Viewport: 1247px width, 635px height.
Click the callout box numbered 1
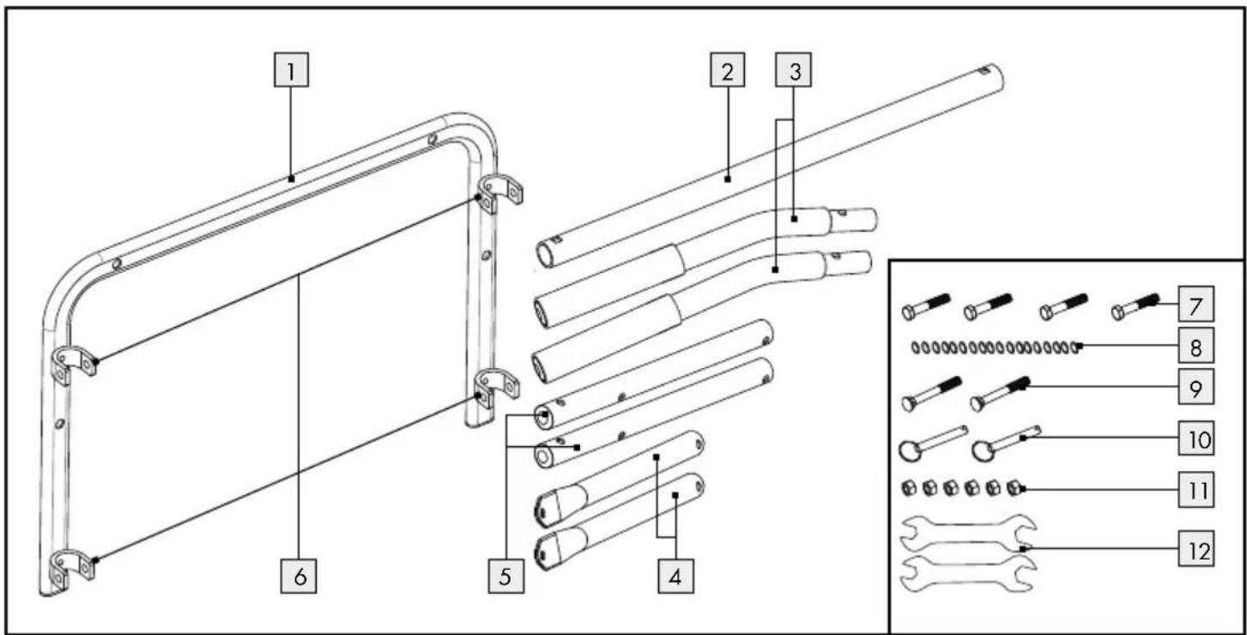pyautogui.click(x=291, y=70)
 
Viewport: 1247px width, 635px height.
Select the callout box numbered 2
pyautogui.click(x=728, y=70)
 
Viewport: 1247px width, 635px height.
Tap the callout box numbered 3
pyautogui.click(x=793, y=70)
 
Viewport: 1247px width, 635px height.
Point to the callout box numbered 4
pyautogui.click(x=675, y=576)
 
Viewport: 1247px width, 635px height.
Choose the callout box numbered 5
pyautogui.click(x=506, y=576)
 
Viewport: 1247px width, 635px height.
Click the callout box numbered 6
pyautogui.click(x=299, y=576)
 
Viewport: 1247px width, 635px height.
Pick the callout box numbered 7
pyautogui.click(x=1196, y=304)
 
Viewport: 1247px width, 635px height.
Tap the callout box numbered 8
pyautogui.click(x=1196, y=346)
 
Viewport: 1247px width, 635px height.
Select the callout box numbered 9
pyautogui.click(x=1196, y=387)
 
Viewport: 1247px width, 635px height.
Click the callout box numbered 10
pyautogui.click(x=1196, y=438)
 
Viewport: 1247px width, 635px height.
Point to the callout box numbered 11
pyautogui.click(x=1196, y=490)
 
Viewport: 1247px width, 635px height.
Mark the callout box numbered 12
pyautogui.click(x=1196, y=549)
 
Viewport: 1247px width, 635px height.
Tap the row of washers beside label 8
pyautogui.click(x=996, y=348)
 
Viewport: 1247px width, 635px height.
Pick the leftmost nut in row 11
pyautogui.click(x=909, y=488)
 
